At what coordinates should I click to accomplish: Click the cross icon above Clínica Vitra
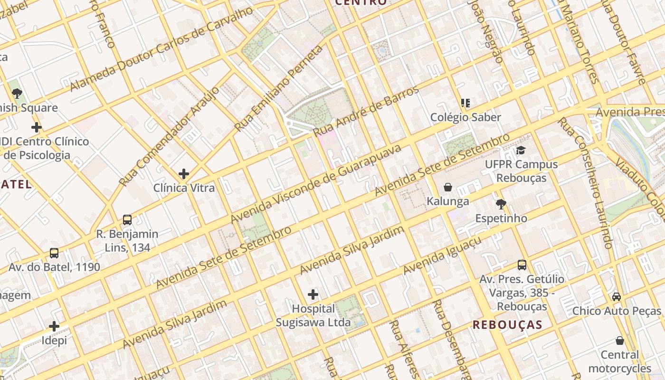(x=184, y=174)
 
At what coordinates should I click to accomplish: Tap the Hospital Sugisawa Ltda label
(x=313, y=315)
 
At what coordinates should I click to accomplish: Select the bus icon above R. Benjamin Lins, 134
(x=127, y=220)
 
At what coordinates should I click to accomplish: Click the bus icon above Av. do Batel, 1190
(x=54, y=253)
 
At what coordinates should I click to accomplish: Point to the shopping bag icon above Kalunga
(x=447, y=187)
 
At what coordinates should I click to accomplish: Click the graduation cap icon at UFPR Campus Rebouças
(x=521, y=151)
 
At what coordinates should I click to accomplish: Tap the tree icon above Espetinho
(x=501, y=204)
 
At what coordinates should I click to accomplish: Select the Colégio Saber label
(x=465, y=117)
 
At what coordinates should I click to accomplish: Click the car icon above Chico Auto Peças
(x=617, y=297)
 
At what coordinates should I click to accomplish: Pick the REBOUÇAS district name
(x=507, y=325)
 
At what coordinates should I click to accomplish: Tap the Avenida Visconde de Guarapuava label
(x=316, y=184)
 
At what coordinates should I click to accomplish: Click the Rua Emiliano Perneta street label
(x=279, y=89)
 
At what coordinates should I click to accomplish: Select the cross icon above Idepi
(x=54, y=326)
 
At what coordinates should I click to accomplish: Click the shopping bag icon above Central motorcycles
(x=619, y=341)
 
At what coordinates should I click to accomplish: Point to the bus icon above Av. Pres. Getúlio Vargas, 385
(x=522, y=265)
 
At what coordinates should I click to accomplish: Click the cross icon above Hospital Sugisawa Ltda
(x=313, y=294)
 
